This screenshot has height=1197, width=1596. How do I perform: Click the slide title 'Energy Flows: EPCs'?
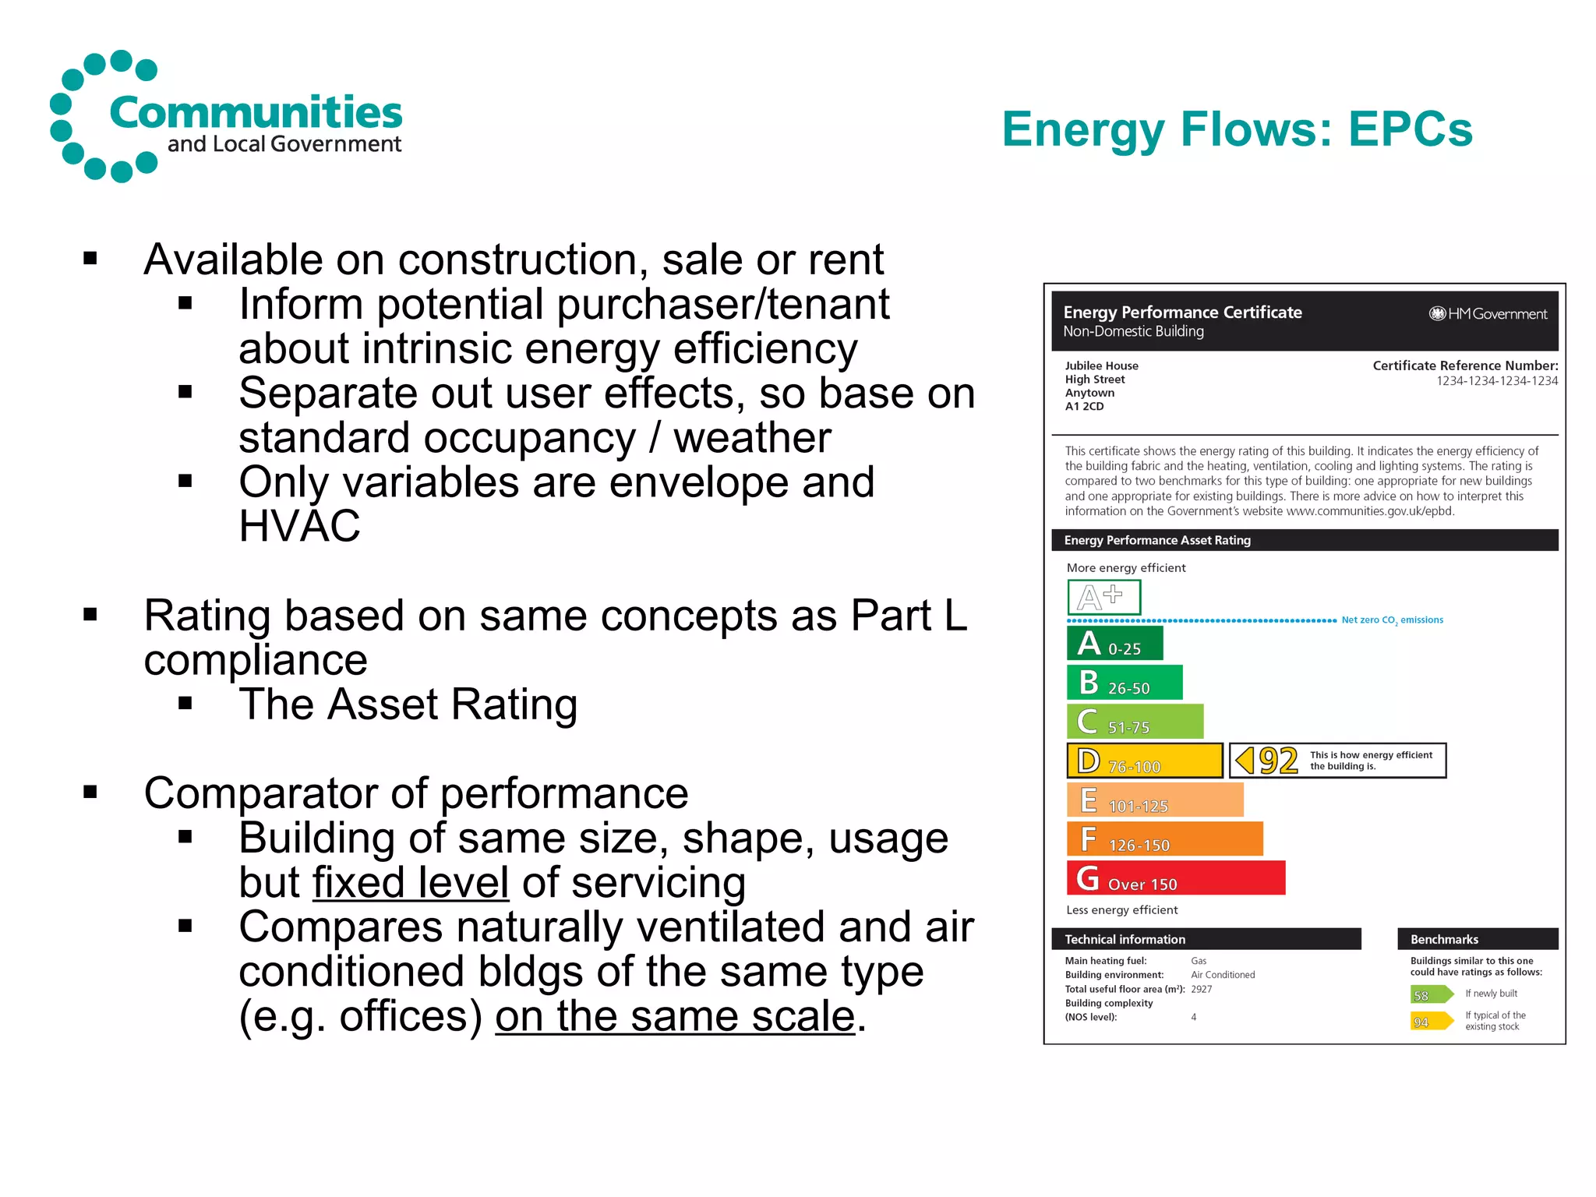[x=1237, y=129]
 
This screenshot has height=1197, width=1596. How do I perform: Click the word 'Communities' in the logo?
[x=256, y=112]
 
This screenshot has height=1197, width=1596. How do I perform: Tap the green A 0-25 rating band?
[x=1114, y=644]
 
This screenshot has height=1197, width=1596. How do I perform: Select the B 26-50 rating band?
[x=1125, y=683]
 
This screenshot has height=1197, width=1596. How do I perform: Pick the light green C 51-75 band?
[x=1135, y=722]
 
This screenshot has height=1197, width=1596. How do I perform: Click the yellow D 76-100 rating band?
[x=1144, y=761]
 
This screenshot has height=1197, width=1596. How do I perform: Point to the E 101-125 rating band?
[x=1154, y=801]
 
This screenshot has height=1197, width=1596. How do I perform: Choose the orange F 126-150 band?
[x=1164, y=840]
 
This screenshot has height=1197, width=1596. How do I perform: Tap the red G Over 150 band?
[x=1175, y=879]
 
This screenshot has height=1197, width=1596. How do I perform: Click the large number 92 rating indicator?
[x=1278, y=761]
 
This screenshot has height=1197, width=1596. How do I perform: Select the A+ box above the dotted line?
[x=1103, y=598]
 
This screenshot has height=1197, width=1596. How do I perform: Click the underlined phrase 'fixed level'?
[x=411, y=883]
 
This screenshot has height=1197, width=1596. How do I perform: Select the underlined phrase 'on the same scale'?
[x=675, y=1017]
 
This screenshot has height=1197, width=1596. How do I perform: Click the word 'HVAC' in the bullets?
[x=299, y=526]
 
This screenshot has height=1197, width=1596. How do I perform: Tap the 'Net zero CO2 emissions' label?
[x=1392, y=620]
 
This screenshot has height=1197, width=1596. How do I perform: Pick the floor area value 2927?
[x=1202, y=990]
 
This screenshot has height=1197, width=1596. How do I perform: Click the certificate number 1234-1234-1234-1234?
[x=1497, y=381]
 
